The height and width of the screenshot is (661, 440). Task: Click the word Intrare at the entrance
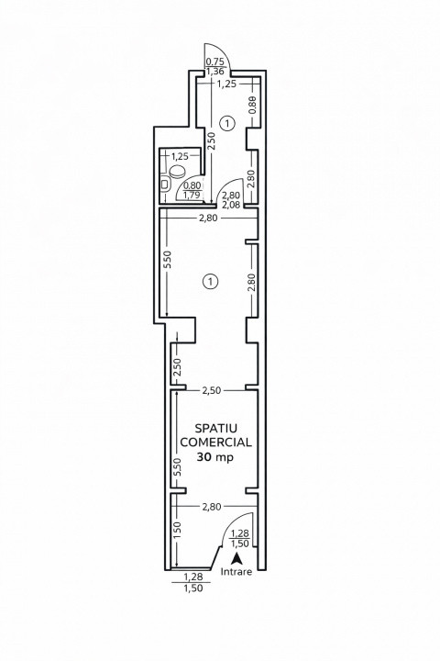[x=236, y=572]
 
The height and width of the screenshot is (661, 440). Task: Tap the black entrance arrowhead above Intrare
[x=237, y=558]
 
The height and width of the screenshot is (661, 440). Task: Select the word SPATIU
[x=216, y=428]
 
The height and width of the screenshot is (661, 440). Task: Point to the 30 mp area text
[x=215, y=457]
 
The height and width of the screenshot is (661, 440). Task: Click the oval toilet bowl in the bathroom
[x=177, y=171]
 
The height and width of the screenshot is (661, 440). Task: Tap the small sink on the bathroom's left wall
[x=166, y=185]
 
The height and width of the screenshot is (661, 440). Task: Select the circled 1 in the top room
[x=227, y=124]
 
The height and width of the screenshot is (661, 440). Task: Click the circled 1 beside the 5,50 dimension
[x=210, y=281]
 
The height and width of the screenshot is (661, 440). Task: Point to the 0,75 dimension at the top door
[x=214, y=62]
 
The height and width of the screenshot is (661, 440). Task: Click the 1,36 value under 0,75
[x=214, y=72]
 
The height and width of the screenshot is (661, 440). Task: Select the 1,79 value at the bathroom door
[x=192, y=195]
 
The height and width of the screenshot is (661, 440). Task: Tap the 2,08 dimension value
[x=231, y=206]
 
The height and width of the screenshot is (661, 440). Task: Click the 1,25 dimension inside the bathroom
[x=180, y=156]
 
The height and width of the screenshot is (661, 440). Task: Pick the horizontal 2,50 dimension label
[x=212, y=390]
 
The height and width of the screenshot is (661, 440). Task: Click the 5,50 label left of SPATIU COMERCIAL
[x=177, y=467]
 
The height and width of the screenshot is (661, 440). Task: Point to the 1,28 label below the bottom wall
[x=193, y=577]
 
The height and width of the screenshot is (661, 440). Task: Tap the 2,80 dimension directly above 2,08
[x=231, y=196]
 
